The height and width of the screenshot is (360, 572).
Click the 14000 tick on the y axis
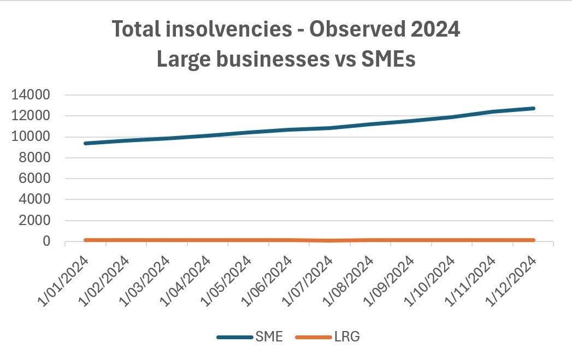(34, 95)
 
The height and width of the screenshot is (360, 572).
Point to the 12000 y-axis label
(34, 116)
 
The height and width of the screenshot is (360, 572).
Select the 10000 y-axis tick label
(34, 137)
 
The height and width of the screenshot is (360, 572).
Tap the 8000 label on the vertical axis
(38, 158)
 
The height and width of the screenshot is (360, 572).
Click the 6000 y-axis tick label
(38, 179)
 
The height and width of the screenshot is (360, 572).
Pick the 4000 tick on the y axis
(38, 200)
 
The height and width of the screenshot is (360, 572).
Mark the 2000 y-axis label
(38, 221)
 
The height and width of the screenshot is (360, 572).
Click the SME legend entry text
(268, 337)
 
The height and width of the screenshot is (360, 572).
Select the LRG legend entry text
(346, 337)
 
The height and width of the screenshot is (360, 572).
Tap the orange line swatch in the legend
(312, 337)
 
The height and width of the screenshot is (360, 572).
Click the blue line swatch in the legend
(234, 337)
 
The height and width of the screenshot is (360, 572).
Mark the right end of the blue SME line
(533, 108)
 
